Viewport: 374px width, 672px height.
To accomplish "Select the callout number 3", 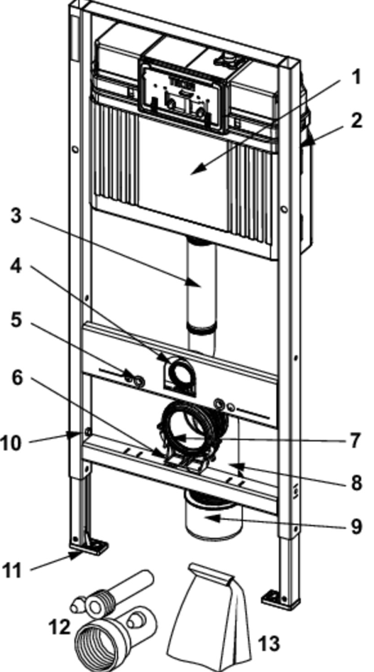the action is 16,215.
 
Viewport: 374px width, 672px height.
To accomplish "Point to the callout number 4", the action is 16,266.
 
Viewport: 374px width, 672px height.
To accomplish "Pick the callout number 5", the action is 16,319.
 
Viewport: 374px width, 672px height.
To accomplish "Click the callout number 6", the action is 16,378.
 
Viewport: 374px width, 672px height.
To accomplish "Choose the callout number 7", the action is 355,440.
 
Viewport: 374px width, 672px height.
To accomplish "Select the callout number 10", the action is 11,443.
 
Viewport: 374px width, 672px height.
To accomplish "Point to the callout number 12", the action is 60,627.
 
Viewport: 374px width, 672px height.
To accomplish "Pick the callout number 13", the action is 269,644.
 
